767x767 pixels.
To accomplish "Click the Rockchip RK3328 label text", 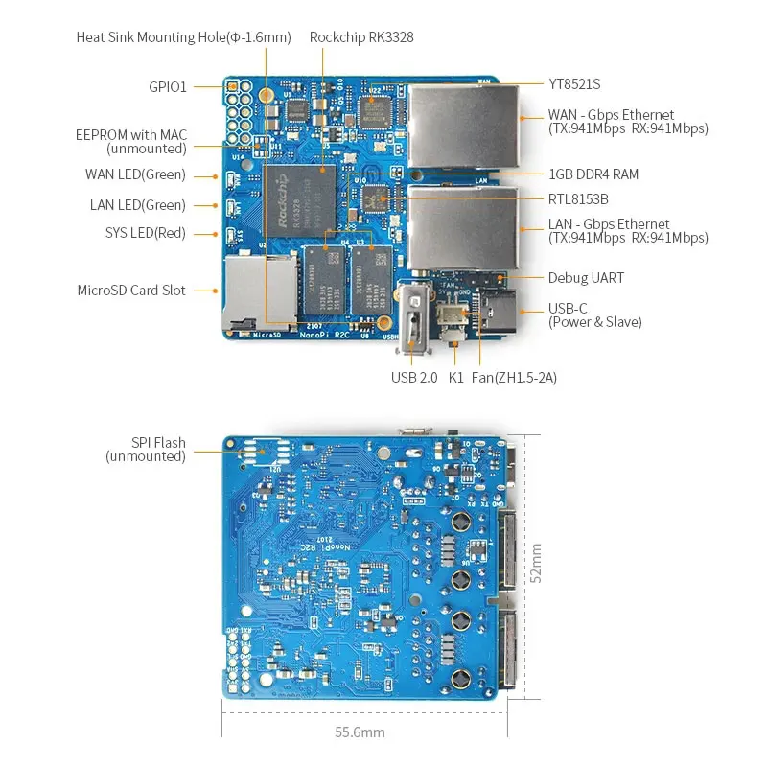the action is coord(361,37).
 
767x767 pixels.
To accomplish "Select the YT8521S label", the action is coord(574,84).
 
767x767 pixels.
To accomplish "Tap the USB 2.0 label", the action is coord(414,378).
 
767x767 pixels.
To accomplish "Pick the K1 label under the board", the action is coord(456,378).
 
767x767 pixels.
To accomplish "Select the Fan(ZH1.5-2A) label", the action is coord(514,378).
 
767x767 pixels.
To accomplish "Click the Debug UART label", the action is coord(586,278).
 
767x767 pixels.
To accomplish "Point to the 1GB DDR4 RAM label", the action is coord(593,174).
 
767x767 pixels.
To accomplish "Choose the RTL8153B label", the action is coord(578,199).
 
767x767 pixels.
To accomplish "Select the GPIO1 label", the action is coord(168,86).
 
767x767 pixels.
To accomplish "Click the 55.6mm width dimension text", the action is coord(360,732).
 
